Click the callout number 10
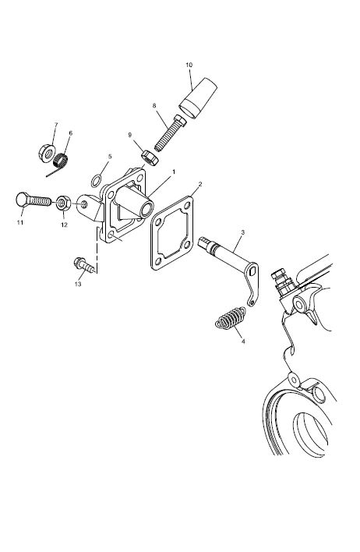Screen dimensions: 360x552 tap(189, 65)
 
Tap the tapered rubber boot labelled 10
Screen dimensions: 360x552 tap(197, 97)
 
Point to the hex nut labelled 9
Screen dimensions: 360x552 tap(150, 157)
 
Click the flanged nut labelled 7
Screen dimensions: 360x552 tap(47, 153)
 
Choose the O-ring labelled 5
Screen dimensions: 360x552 tap(97, 181)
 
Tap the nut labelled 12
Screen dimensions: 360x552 tap(63, 203)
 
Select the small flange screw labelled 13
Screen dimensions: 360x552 tap(84, 265)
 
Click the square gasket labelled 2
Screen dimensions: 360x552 tap(172, 233)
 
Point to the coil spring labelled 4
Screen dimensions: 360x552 tap(230, 318)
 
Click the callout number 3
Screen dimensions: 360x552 tap(243, 232)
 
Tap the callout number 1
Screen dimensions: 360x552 tap(174, 172)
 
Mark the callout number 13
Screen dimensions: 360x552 tap(78, 284)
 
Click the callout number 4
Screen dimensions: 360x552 tap(243, 341)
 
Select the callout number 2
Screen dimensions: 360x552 tap(200, 184)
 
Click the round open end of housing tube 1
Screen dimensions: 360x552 tap(146, 210)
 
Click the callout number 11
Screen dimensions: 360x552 tap(20, 222)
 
